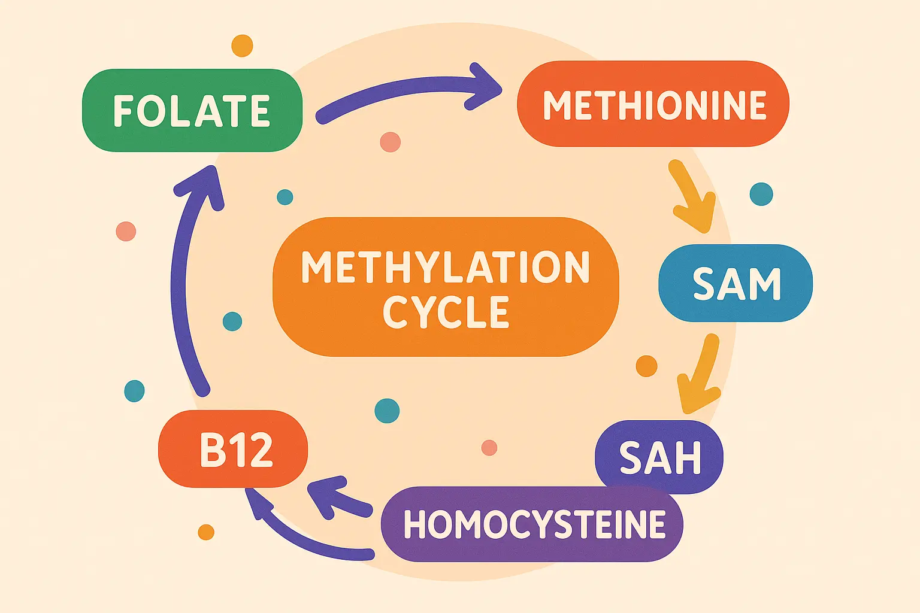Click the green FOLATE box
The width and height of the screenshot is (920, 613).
(192, 111)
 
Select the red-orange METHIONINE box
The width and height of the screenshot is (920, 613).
(653, 105)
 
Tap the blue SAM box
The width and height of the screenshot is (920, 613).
(736, 283)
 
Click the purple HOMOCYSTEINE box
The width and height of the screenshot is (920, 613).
(532, 524)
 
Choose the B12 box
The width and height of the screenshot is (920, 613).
(234, 450)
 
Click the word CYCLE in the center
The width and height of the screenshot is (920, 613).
(446, 312)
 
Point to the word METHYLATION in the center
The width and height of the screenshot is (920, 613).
(446, 267)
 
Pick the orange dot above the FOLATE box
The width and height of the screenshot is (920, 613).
(242, 45)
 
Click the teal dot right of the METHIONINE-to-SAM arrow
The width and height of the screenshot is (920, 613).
(761, 194)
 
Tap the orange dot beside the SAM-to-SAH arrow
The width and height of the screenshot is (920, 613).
(646, 365)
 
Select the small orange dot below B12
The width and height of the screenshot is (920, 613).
(206, 532)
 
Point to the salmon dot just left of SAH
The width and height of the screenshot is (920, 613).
(489, 447)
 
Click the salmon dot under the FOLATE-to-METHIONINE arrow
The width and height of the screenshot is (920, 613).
(390, 142)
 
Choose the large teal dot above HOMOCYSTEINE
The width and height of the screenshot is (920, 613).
(387, 411)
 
